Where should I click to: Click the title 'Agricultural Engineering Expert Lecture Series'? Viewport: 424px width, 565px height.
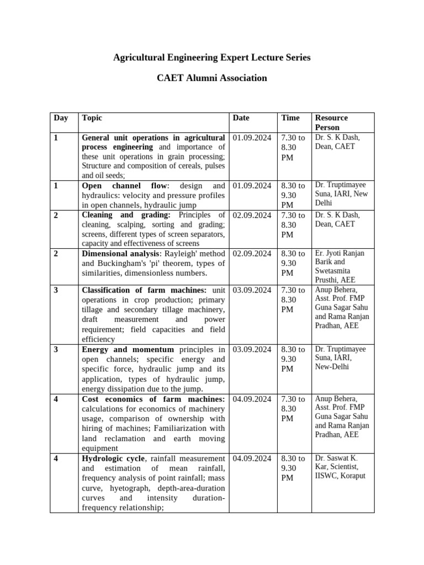(211, 57)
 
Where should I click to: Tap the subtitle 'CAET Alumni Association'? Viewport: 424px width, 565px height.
(211, 78)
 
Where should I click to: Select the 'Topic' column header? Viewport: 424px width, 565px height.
(92, 118)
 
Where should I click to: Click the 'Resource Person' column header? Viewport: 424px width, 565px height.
(331, 122)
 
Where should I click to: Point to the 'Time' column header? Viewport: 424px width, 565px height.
(290, 118)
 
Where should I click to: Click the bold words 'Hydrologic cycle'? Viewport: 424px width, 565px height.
(113, 458)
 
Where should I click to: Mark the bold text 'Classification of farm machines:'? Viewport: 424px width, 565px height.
(144, 290)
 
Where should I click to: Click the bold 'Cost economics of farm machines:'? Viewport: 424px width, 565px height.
(153, 399)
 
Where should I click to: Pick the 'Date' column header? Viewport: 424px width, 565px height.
(241, 118)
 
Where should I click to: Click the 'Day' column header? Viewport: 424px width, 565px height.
(61, 118)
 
